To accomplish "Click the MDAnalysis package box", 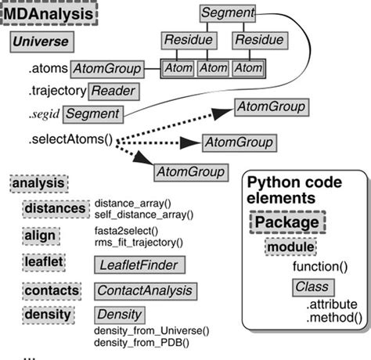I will click(53, 15).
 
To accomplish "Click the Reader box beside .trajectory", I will click(113, 92).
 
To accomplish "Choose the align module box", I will click(39, 236).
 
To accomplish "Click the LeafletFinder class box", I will click(137, 265).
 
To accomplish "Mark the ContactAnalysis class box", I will click(144, 290).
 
